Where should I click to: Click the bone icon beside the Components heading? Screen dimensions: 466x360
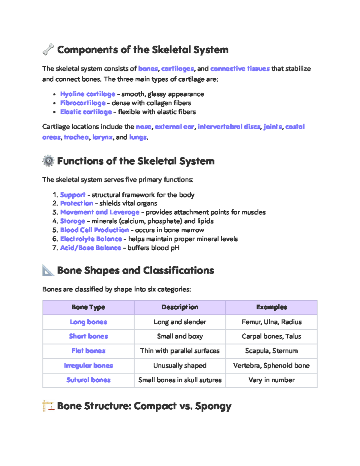(48, 50)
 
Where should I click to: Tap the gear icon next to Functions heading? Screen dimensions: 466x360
(48, 161)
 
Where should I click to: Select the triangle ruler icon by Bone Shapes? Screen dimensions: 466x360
(48, 270)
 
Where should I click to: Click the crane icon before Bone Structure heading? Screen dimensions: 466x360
(48, 406)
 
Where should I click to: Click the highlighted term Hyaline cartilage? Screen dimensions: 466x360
(88, 94)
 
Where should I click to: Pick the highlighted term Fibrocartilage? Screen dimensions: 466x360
(83, 103)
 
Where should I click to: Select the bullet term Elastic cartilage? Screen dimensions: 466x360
(86, 112)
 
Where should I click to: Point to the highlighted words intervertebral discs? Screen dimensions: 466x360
(229, 127)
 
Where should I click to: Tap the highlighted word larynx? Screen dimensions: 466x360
(102, 137)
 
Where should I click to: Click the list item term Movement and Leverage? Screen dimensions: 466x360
(100, 212)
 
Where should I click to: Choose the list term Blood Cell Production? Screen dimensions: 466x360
(94, 230)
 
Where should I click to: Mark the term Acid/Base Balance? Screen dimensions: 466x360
(91, 248)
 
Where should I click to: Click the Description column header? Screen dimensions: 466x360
(180, 307)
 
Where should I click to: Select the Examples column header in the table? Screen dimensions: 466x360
(271, 307)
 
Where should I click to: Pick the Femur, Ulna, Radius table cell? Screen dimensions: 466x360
(271, 322)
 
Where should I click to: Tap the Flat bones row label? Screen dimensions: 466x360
(88, 351)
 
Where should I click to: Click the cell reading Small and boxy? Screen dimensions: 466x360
(180, 336)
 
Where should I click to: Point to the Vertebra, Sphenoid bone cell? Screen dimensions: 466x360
(271, 365)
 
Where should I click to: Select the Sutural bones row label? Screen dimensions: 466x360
(88, 380)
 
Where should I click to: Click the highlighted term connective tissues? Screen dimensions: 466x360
(240, 69)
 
